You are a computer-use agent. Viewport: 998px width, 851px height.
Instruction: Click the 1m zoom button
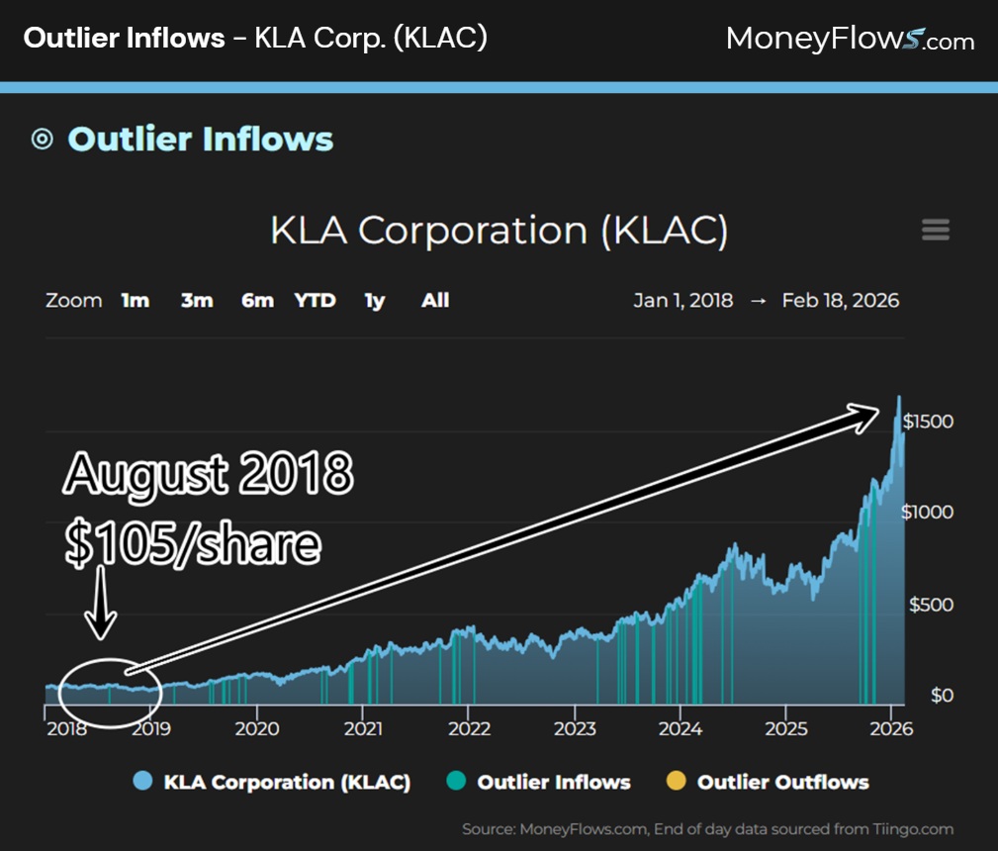(x=136, y=301)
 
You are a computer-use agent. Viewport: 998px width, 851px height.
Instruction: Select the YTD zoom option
(x=315, y=301)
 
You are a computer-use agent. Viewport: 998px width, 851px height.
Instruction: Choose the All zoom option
(x=435, y=301)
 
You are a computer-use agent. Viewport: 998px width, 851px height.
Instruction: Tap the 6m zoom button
(x=257, y=301)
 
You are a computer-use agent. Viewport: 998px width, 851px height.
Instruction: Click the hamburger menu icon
(x=935, y=231)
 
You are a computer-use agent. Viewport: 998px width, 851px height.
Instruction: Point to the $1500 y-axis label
(x=928, y=422)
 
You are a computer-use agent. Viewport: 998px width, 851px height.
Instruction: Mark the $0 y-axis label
(x=942, y=696)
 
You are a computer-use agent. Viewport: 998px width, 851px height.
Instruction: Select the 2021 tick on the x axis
(x=363, y=729)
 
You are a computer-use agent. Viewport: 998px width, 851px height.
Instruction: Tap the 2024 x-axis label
(x=680, y=729)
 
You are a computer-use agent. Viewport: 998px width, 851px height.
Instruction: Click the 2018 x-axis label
(x=65, y=729)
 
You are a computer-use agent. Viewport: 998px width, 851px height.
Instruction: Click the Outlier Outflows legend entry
(x=782, y=782)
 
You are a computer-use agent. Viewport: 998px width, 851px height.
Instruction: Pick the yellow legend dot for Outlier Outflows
(x=677, y=782)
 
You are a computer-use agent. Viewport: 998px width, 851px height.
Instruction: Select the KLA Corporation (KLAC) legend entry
(x=287, y=782)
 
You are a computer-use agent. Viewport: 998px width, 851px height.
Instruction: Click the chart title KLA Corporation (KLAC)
(x=499, y=231)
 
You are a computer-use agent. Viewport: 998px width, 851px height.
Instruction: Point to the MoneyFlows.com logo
(x=850, y=40)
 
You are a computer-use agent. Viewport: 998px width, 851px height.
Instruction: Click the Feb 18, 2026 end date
(x=840, y=301)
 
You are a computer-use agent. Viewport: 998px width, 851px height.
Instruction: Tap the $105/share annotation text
(x=193, y=544)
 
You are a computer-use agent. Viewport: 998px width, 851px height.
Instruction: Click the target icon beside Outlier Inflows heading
(x=42, y=140)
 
